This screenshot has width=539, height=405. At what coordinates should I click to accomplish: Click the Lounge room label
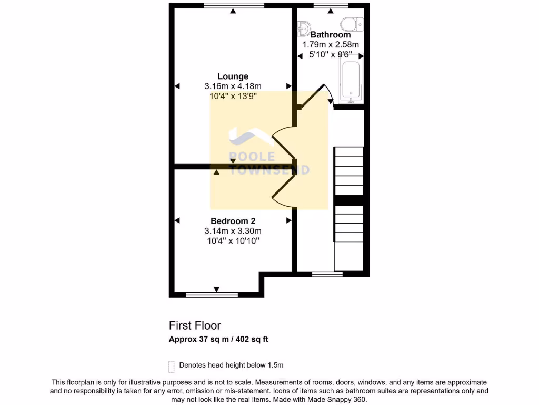coord(233,76)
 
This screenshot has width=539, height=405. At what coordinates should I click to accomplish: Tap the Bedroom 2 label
coord(233,221)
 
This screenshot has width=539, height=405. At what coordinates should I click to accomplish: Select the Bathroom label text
coord(330,35)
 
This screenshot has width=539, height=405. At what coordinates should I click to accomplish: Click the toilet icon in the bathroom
coord(352,23)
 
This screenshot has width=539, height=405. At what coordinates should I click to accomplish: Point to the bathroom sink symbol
coord(304,26)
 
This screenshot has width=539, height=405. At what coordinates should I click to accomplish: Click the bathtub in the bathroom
coord(350,80)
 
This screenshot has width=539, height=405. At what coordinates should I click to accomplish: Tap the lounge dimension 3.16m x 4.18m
coord(233,86)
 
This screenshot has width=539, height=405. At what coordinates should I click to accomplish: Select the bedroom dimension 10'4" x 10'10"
coord(233,241)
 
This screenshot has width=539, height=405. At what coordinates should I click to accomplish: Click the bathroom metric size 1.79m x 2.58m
coord(330,45)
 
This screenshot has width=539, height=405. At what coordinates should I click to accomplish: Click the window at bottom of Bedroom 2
coord(205,295)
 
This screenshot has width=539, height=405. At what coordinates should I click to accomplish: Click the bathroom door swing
coord(320,95)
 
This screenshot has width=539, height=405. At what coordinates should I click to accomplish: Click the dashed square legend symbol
coord(172,366)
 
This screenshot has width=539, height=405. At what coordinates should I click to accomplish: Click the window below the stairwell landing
coord(326,274)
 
